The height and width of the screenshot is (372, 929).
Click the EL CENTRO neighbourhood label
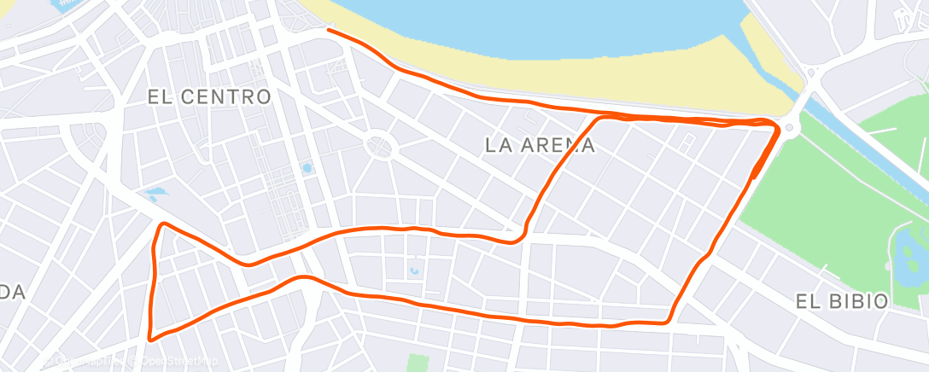[209, 96]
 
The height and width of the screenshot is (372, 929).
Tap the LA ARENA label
[540, 145]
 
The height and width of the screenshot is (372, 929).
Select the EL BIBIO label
[841, 300]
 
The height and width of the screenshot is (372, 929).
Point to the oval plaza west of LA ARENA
[378, 146]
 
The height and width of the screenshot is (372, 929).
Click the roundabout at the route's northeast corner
[790, 129]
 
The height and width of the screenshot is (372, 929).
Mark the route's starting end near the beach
[328, 30]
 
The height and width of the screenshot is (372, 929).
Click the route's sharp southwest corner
[152, 338]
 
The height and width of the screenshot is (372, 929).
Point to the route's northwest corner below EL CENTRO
[161, 225]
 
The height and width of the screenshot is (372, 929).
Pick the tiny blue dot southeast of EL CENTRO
[307, 169]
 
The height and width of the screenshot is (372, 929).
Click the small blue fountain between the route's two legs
[414, 271]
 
